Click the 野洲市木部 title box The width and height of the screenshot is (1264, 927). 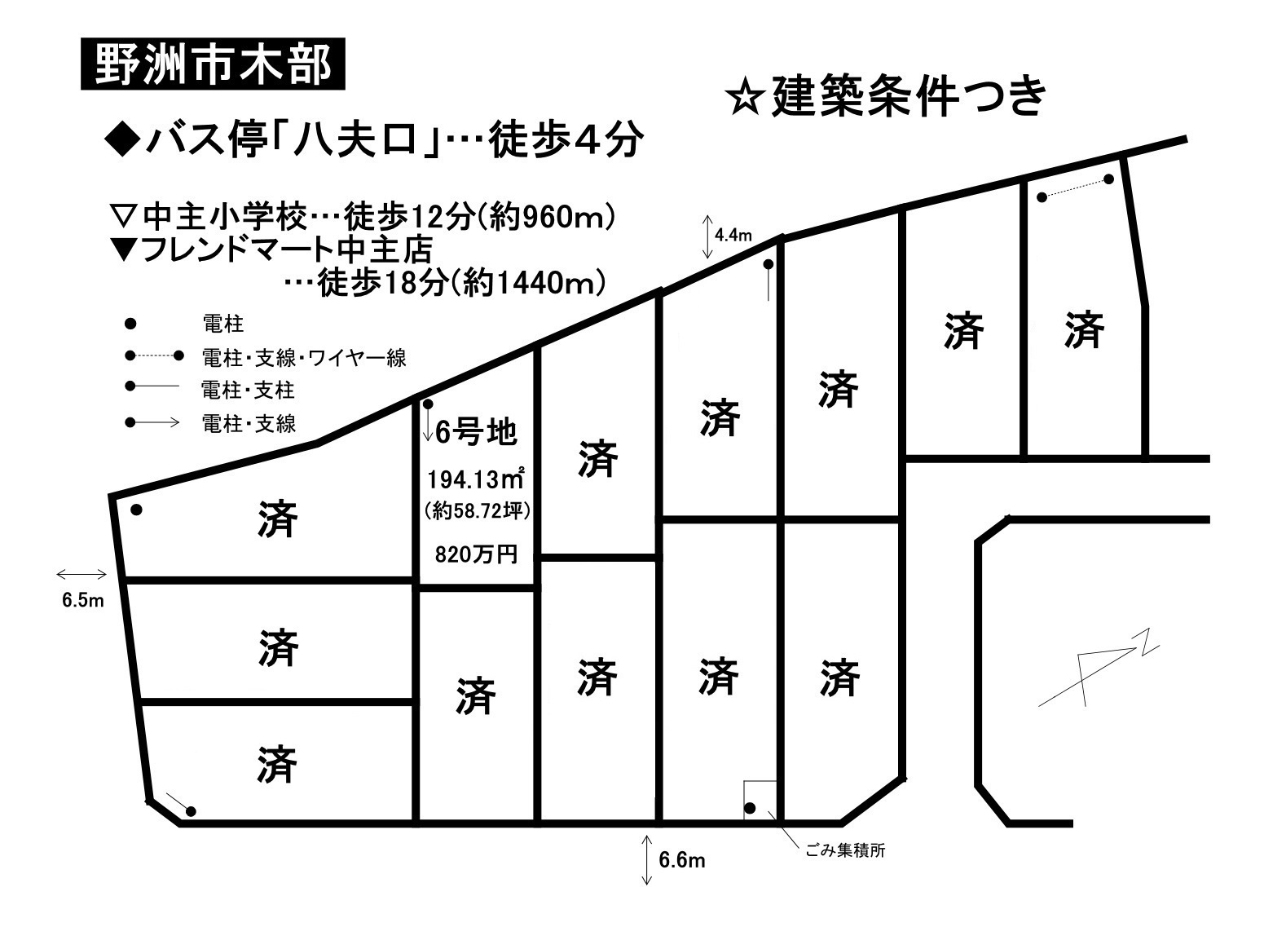pyautogui.click(x=213, y=64)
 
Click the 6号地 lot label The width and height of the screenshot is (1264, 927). pyautogui.click(x=476, y=433)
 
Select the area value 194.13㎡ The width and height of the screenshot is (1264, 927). pyautogui.click(x=475, y=479)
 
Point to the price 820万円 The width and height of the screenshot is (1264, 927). pyautogui.click(x=476, y=554)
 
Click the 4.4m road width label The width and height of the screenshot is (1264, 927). pyautogui.click(x=733, y=235)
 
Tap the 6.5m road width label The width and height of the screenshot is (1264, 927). pyautogui.click(x=83, y=600)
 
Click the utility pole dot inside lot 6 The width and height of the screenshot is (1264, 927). pyautogui.click(x=428, y=404)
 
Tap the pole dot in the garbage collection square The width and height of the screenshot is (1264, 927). pyautogui.click(x=750, y=809)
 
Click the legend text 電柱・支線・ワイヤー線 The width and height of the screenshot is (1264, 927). pyautogui.click(x=304, y=358)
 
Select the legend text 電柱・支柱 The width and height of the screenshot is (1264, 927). pyautogui.click(x=248, y=390)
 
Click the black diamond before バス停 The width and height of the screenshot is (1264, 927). pyautogui.click(x=122, y=141)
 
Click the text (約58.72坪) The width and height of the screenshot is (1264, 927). pyautogui.click(x=478, y=511)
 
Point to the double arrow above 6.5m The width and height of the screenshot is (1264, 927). pyautogui.click(x=81, y=575)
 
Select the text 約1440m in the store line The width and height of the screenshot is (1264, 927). pyautogui.click(x=528, y=284)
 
